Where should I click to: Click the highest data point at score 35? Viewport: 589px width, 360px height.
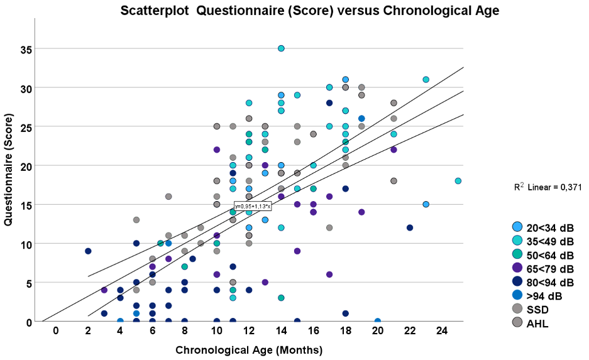[281, 48]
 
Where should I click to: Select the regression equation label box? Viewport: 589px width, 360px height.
[253, 206]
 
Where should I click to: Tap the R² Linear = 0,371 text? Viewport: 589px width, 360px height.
[546, 187]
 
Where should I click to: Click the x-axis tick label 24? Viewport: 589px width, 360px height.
[442, 330]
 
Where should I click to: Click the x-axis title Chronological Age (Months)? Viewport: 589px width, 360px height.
[249, 349]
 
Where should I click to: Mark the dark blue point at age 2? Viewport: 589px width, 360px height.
[88, 251]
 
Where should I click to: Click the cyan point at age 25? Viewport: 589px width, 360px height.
[458, 181]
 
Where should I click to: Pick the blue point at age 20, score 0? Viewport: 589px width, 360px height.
[378, 321]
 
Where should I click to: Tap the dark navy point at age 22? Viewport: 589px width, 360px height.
[410, 227]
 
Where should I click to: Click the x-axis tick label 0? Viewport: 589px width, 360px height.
[56, 330]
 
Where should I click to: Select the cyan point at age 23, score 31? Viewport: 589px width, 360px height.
[426, 80]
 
